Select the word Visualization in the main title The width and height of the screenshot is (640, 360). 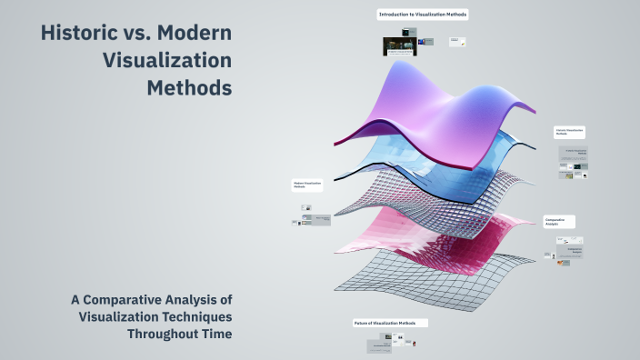[167, 62]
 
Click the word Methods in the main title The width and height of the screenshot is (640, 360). [188, 88]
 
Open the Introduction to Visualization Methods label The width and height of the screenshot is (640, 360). [423, 15]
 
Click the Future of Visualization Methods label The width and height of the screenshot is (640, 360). [390, 323]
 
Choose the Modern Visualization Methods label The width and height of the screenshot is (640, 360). [306, 185]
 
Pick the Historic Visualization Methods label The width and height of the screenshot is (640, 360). [570, 132]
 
